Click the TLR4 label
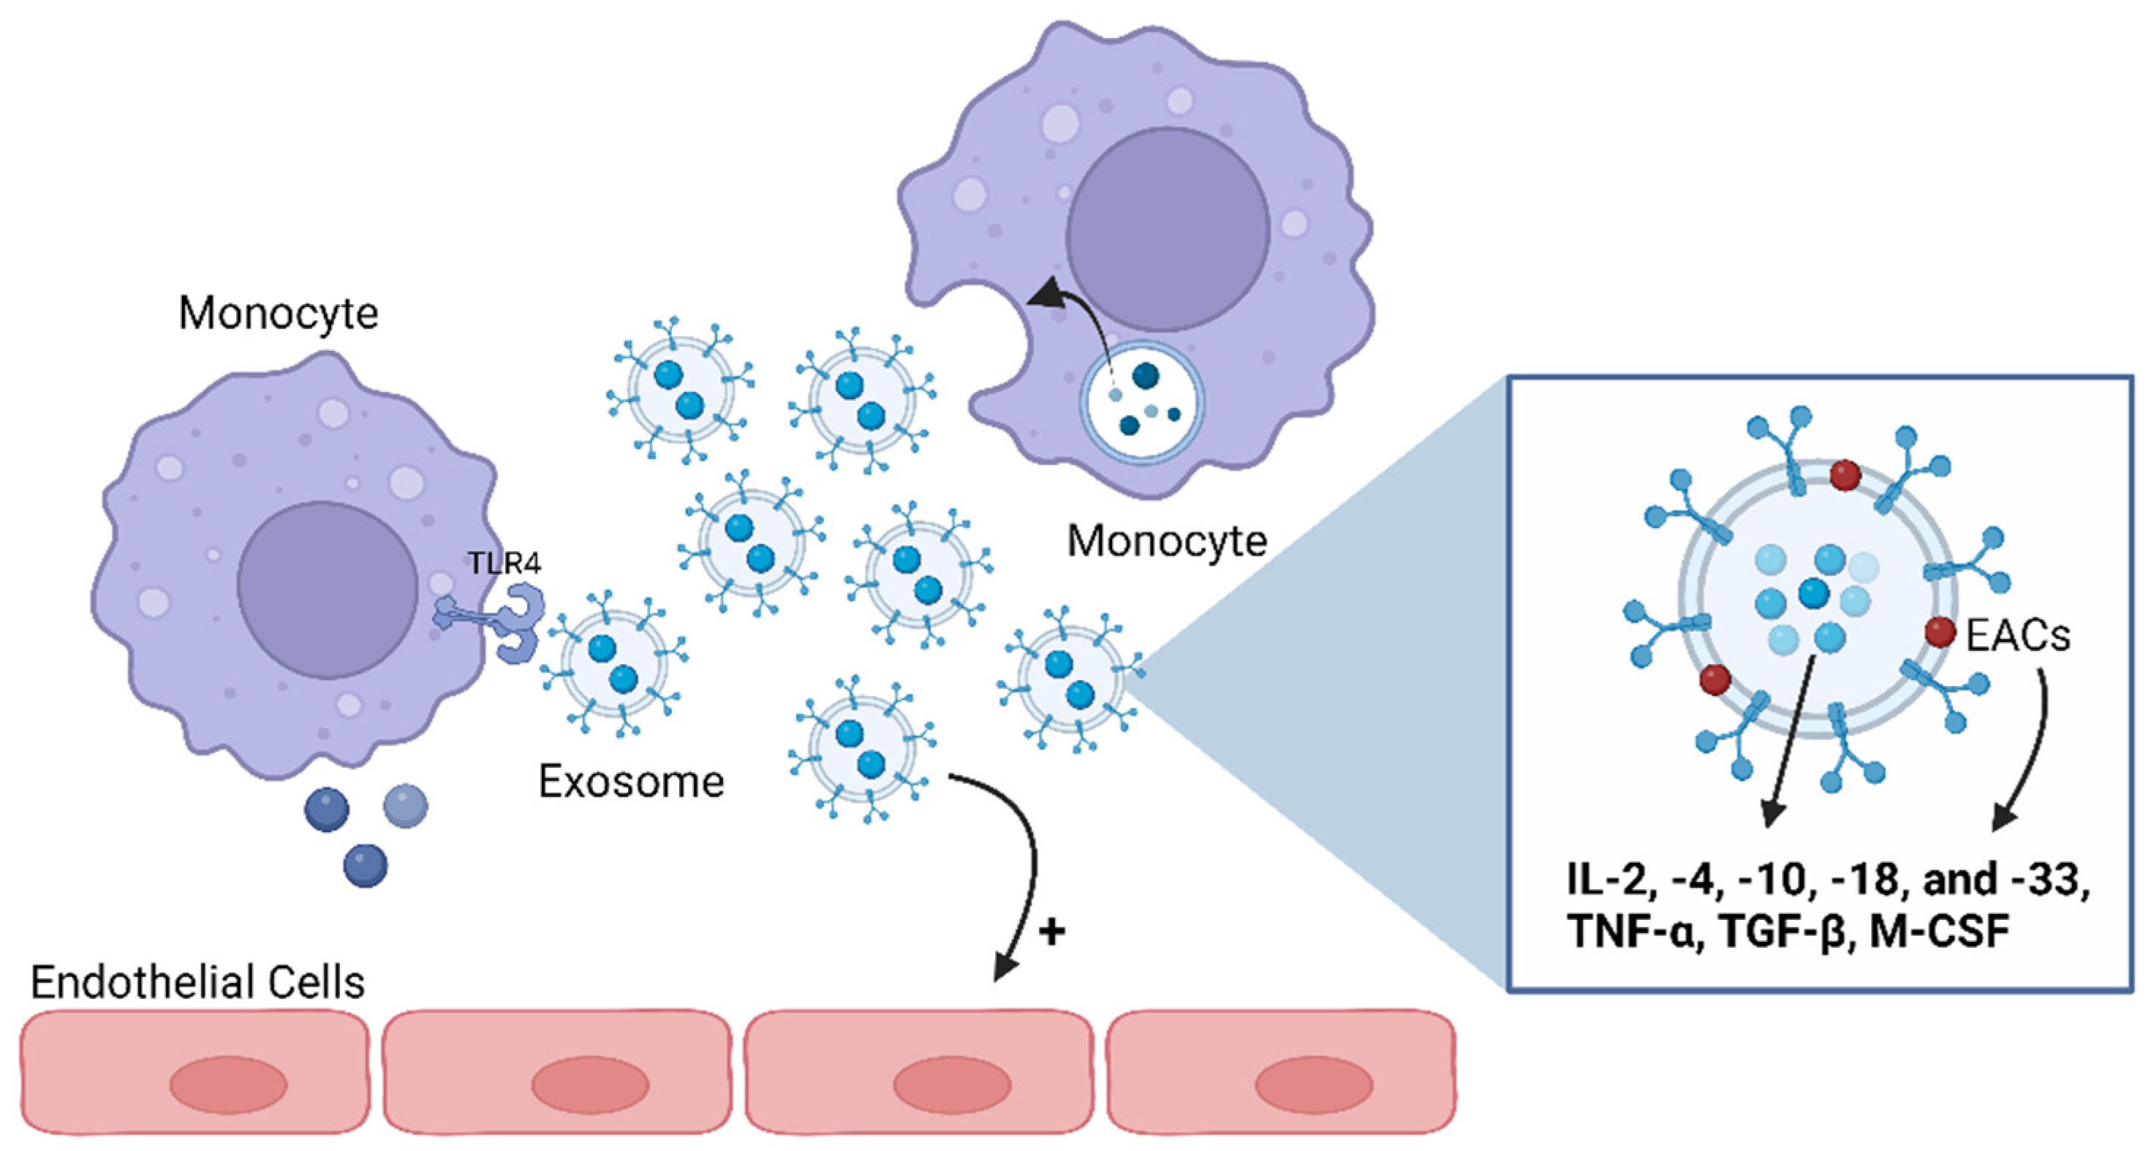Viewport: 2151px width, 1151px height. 504,563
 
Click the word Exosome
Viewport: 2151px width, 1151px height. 631,782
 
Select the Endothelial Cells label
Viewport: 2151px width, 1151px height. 198,982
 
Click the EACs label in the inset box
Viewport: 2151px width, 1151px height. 2017,635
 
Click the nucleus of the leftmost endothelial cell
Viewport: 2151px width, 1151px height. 228,1085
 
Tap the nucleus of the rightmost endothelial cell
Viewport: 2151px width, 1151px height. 1313,1084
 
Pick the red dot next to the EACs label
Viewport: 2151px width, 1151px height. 1940,633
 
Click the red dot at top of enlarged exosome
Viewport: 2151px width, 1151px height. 1845,476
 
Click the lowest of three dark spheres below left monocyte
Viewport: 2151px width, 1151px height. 365,864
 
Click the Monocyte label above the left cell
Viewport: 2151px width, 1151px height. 278,313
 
